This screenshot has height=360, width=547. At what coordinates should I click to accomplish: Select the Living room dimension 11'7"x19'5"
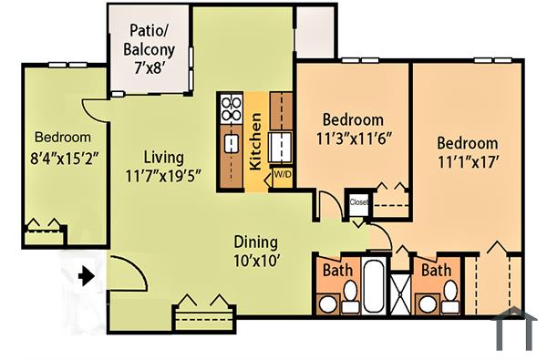tap(163, 173)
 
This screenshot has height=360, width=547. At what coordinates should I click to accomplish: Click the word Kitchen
tap(256, 141)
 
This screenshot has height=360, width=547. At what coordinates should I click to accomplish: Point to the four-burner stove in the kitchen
tap(232, 110)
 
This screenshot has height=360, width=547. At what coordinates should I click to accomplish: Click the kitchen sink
tap(232, 144)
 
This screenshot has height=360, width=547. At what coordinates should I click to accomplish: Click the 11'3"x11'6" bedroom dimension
tap(353, 139)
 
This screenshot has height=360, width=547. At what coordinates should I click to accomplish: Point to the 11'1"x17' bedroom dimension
tap(467, 162)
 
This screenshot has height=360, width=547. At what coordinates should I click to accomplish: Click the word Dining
tap(256, 242)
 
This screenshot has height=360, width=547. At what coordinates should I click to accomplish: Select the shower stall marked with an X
tap(400, 288)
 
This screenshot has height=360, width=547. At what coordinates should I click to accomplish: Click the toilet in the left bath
tap(349, 295)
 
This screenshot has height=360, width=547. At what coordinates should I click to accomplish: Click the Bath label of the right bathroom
tap(435, 271)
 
